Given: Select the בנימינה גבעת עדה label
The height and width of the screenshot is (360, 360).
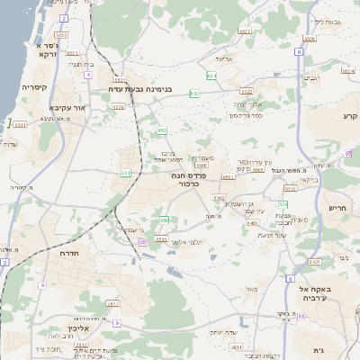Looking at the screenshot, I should [139, 89].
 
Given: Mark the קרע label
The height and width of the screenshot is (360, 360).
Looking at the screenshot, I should [350, 117].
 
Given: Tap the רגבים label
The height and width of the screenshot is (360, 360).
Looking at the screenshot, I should [311, 78].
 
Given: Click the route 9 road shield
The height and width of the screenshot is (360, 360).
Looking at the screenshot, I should [117, 322].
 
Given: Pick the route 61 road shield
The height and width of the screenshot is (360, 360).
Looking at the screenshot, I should [302, 316].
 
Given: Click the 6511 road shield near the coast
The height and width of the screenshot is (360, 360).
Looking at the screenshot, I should [20, 126].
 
